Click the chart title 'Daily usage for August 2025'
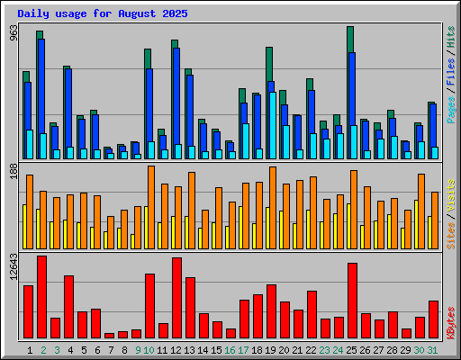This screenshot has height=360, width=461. (x=103, y=13)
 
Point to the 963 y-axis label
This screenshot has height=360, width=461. (x=14, y=33)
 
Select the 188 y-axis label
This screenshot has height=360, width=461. (x=14, y=172)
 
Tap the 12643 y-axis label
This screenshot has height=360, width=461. (x=14, y=266)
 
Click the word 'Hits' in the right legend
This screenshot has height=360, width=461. (x=450, y=37)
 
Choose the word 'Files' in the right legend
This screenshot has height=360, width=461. (x=450, y=72)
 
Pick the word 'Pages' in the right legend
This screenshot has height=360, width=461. (x=450, y=110)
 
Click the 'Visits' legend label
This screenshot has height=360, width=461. (x=450, y=196)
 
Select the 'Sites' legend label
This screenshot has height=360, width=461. (x=450, y=236)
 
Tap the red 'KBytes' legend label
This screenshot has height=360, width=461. (x=450, y=323)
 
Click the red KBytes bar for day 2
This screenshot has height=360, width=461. (x=41, y=297)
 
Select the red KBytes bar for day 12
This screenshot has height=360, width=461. (x=176, y=298)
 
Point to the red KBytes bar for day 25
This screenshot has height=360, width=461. (x=352, y=301)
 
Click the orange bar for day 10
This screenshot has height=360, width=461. (x=151, y=207)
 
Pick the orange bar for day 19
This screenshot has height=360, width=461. (x=273, y=208)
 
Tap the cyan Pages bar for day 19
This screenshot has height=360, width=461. (x=273, y=125)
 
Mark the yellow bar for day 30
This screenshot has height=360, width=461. (x=416, y=224)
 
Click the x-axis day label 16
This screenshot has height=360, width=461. (x=230, y=350)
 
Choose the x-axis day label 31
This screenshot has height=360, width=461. (x=432, y=350)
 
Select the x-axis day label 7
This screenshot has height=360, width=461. (x=111, y=350)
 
